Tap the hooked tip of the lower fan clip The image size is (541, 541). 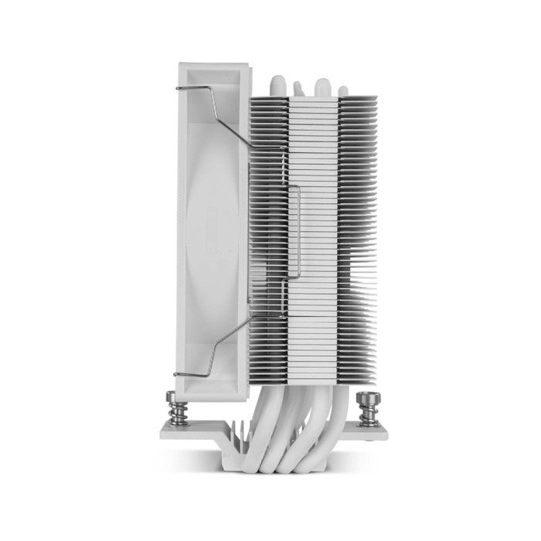click(178, 376)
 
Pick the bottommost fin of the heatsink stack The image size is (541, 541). click(309, 379)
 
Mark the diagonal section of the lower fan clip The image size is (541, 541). click(232, 352)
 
